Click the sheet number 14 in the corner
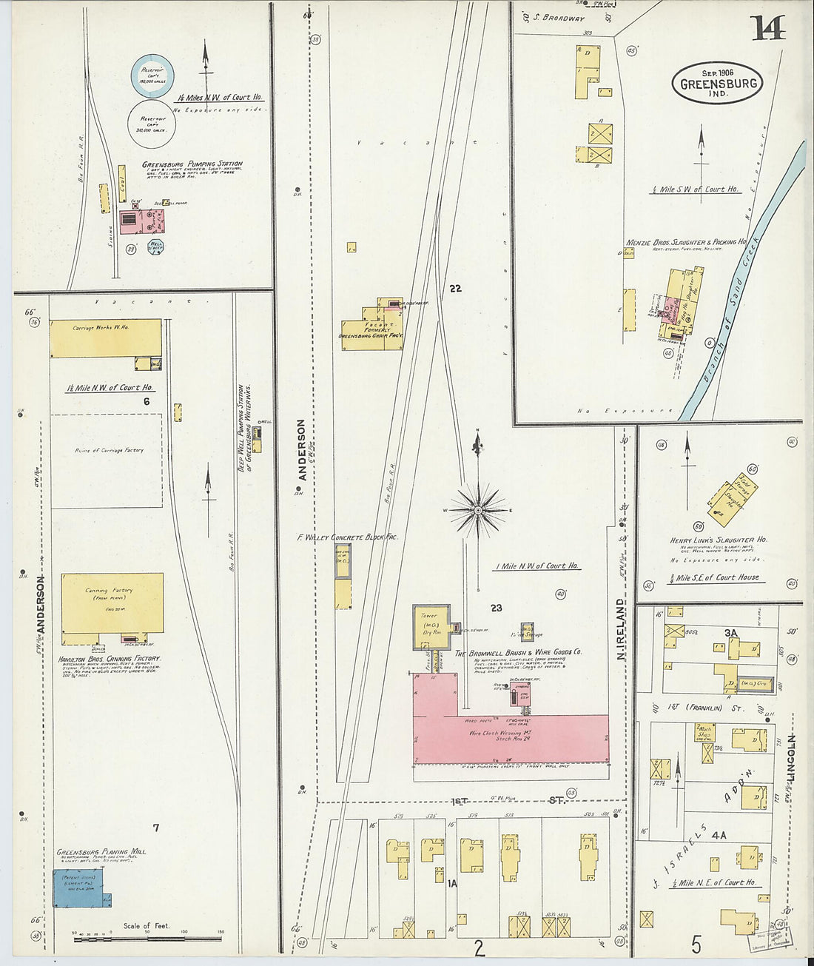(x=767, y=27)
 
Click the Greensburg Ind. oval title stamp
(x=716, y=82)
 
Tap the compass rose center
(x=478, y=510)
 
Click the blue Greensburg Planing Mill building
(x=79, y=888)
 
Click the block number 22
(x=455, y=288)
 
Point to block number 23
(x=496, y=608)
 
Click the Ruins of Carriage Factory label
(x=108, y=450)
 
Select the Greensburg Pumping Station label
(x=192, y=164)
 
